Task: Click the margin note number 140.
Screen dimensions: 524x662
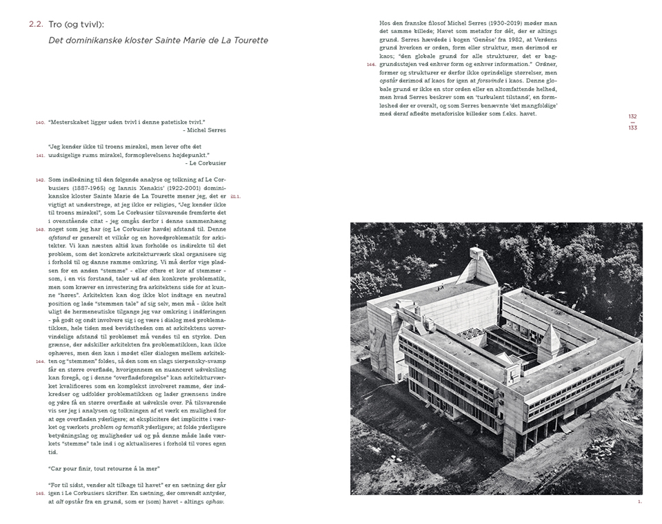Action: click(x=39, y=123)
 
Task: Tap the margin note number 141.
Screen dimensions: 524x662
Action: click(x=39, y=155)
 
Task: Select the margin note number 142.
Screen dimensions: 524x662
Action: click(x=39, y=179)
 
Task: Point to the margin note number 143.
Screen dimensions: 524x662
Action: click(x=39, y=229)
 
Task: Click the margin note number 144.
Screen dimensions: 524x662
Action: click(x=39, y=361)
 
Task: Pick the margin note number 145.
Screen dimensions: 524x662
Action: click(x=39, y=493)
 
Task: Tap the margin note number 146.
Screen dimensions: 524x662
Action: click(x=371, y=64)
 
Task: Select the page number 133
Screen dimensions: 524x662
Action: click(x=633, y=127)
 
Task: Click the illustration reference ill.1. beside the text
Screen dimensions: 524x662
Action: click(x=236, y=196)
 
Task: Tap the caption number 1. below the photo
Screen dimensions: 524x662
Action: click(x=639, y=501)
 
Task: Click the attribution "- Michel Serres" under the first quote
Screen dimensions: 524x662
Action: click(x=204, y=130)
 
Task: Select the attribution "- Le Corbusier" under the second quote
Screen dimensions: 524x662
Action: click(x=205, y=163)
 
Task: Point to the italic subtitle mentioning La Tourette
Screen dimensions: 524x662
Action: click(x=158, y=41)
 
